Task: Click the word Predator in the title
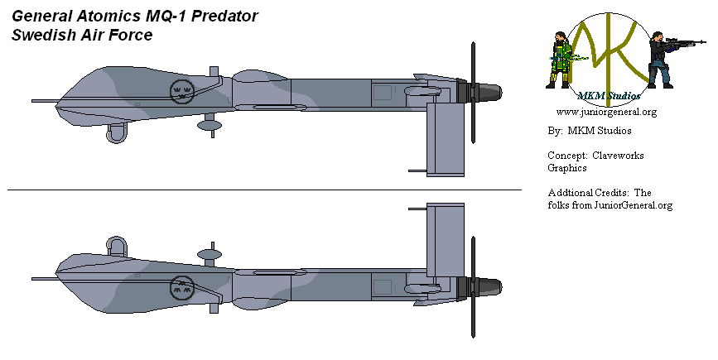pos(224,16)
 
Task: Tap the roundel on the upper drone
pos(182,91)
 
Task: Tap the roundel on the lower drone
pos(182,288)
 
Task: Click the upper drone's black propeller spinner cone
pos(490,93)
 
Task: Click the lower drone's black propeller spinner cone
pos(490,287)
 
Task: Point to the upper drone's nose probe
pos(44,101)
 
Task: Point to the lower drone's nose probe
pos(44,279)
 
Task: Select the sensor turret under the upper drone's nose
pos(117,133)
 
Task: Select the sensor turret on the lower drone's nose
pos(117,247)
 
